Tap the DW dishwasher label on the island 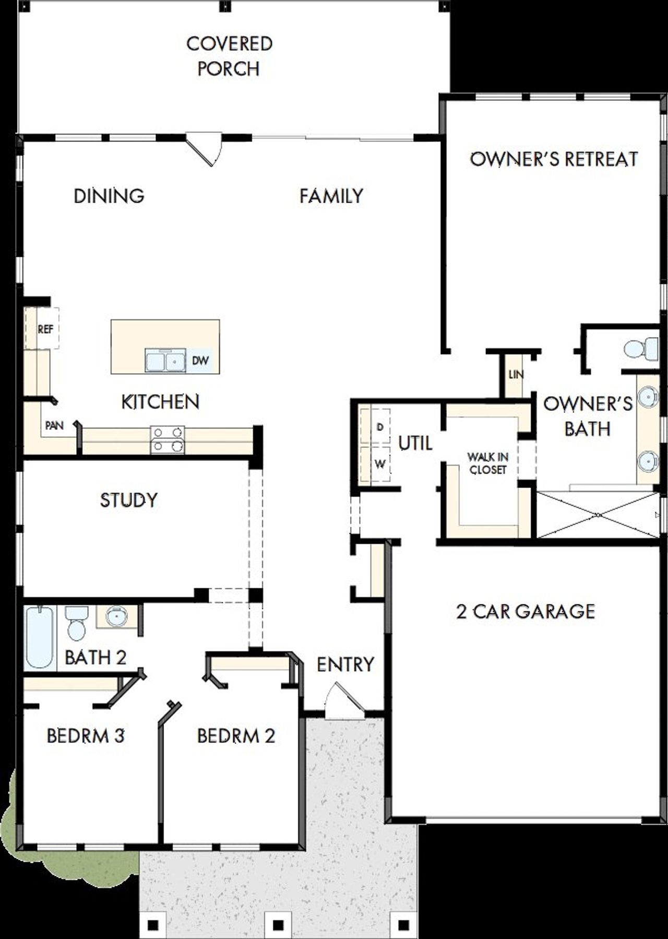tap(200, 361)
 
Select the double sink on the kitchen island tap(165, 361)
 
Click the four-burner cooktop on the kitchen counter tap(167, 439)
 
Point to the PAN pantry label tap(54, 425)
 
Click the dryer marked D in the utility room tap(379, 426)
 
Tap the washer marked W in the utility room tap(379, 464)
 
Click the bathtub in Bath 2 tap(40, 637)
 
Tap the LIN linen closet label tap(516, 375)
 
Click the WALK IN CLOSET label tap(488, 463)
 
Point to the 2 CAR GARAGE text tap(526, 611)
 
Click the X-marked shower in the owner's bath tap(598, 515)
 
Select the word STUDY tap(128, 500)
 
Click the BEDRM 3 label tap(86, 736)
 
